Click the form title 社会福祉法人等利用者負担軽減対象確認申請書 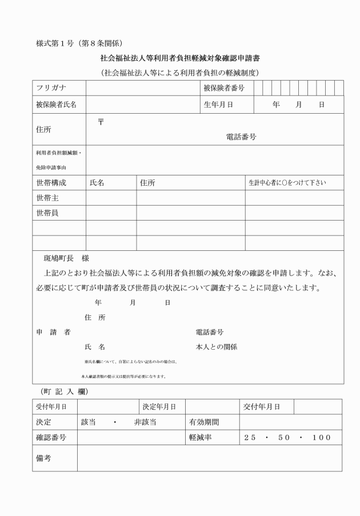(180, 58)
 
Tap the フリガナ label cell (51, 87)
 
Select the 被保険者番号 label (224, 87)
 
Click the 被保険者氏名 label (56, 105)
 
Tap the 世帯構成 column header (51, 183)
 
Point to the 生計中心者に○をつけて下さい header (287, 183)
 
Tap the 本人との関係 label (216, 346)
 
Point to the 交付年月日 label (261, 406)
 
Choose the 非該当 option (145, 422)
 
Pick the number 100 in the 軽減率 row (322, 438)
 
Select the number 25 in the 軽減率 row (250, 438)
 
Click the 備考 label (43, 458)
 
